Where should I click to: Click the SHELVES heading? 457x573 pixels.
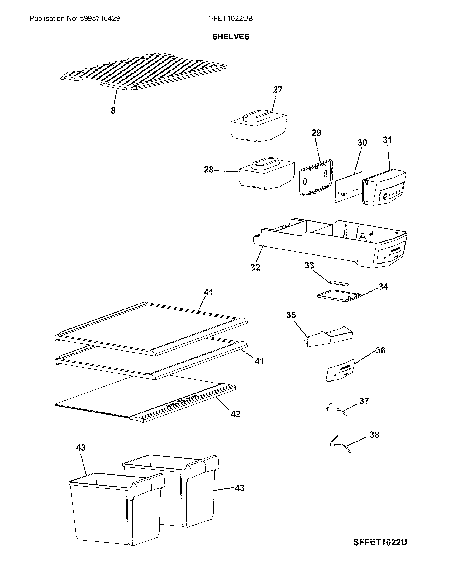[x=231, y=37]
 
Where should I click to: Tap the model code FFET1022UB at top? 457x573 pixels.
[x=231, y=19]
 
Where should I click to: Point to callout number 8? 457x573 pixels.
[x=113, y=111]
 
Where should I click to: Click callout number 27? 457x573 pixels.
[x=278, y=90]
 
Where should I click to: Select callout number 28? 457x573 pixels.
[x=209, y=170]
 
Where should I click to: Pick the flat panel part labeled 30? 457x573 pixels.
[x=348, y=187]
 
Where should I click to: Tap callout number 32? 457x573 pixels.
[x=255, y=267]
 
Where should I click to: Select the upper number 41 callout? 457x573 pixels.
[x=208, y=292]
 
